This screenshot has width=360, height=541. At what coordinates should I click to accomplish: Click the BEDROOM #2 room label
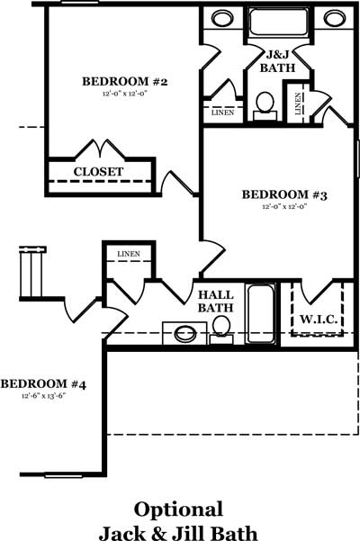tap(124, 82)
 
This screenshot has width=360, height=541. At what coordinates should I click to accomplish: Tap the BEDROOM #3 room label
tap(284, 194)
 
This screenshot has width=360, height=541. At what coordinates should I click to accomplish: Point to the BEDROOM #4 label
tap(43, 383)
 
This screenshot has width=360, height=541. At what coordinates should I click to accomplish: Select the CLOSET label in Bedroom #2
tap(98, 171)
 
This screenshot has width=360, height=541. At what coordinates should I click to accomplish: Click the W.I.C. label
tap(319, 320)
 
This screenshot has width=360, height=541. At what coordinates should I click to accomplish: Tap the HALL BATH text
tap(215, 302)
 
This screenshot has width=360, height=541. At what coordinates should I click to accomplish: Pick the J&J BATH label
tap(277, 61)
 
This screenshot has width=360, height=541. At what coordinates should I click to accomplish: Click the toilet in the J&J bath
tap(265, 106)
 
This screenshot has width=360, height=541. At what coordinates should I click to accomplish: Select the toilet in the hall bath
tap(221, 330)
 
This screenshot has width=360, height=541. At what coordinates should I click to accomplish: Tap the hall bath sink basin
tap(184, 334)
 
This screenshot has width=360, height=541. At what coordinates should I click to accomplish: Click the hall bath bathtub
tap(261, 313)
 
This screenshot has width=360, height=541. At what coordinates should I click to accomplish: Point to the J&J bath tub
tap(278, 23)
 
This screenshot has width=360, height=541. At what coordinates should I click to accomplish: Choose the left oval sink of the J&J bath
tap(222, 18)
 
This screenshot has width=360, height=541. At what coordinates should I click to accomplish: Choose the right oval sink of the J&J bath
tap(334, 18)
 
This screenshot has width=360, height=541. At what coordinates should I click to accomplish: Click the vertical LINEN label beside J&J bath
tap(298, 104)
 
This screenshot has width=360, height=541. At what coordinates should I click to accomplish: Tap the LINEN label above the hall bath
tap(129, 254)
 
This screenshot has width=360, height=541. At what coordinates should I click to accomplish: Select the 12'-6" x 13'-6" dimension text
tap(43, 396)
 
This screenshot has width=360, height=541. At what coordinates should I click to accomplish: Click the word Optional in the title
tap(178, 509)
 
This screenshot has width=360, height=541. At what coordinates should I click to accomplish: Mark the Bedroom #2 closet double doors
tap(100, 149)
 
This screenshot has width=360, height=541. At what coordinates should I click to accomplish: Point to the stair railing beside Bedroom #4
tap(32, 272)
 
